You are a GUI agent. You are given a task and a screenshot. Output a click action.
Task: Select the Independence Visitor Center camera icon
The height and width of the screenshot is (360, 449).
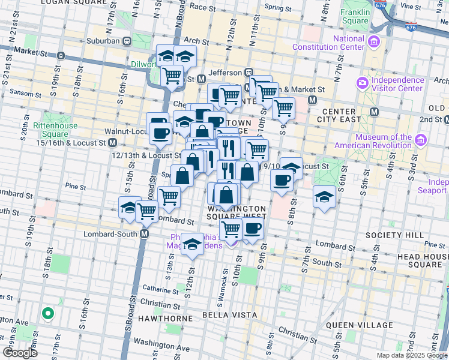click(363, 83)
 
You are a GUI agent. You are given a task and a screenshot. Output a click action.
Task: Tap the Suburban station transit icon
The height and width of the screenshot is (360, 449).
click(127, 41)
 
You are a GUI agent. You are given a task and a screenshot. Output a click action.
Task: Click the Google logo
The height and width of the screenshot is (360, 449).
click(20, 353)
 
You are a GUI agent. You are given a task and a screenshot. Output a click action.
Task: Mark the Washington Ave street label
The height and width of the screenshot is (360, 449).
click(161, 348)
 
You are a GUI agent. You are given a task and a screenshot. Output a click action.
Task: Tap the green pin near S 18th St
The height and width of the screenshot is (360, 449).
click(46, 313)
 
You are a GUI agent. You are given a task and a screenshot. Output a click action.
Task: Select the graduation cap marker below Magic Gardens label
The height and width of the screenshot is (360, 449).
click(191, 244)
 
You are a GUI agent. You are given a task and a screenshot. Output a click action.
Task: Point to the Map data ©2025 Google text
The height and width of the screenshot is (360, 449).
click(411, 355)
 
